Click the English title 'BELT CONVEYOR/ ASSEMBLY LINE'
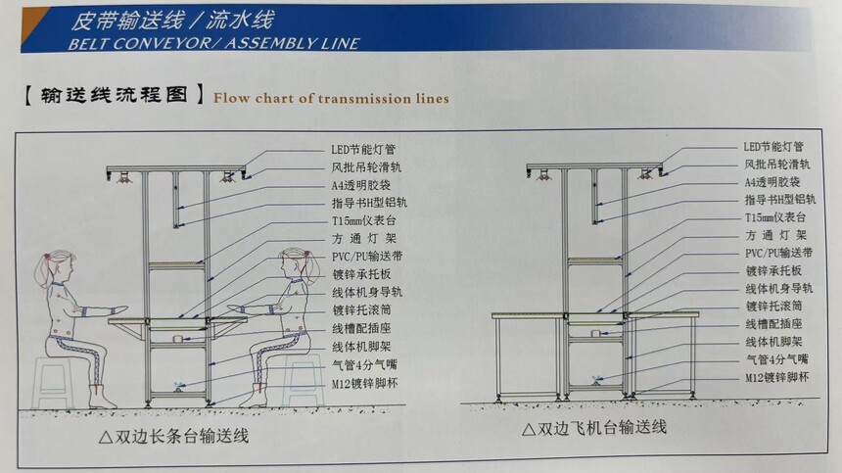213,43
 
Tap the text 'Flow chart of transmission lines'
331,98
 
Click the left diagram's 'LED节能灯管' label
363,149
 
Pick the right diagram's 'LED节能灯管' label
773,147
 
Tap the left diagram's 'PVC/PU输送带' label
367,257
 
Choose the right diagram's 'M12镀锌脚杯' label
776,377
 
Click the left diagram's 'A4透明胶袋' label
361,185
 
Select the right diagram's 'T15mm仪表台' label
774,217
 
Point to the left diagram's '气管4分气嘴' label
364,365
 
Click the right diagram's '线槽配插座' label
773,324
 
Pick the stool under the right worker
303,380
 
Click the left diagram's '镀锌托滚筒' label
362,310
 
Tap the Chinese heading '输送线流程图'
114,95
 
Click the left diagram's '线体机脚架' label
361,347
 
